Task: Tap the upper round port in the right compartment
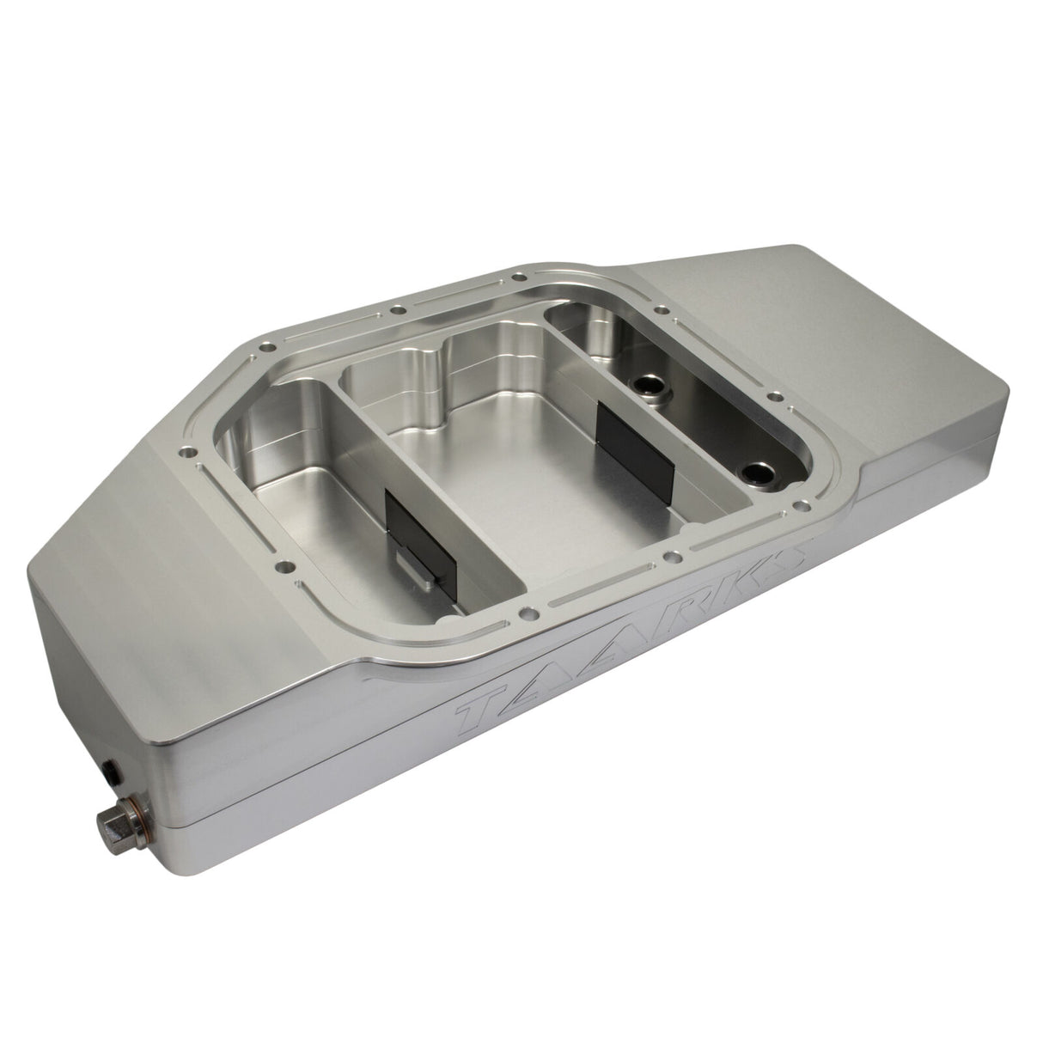click(644, 384)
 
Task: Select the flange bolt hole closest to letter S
click(803, 506)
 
